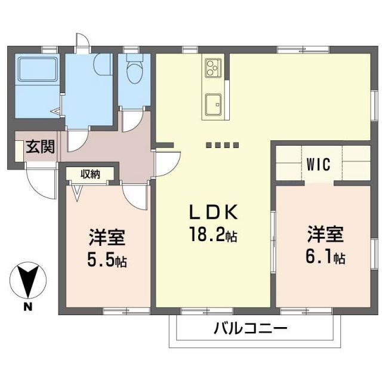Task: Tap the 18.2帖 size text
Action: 213,235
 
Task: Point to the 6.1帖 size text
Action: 326,258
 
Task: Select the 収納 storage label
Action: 91,174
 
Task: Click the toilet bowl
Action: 134,72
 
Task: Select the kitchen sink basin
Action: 212,106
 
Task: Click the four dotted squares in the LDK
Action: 222,145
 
